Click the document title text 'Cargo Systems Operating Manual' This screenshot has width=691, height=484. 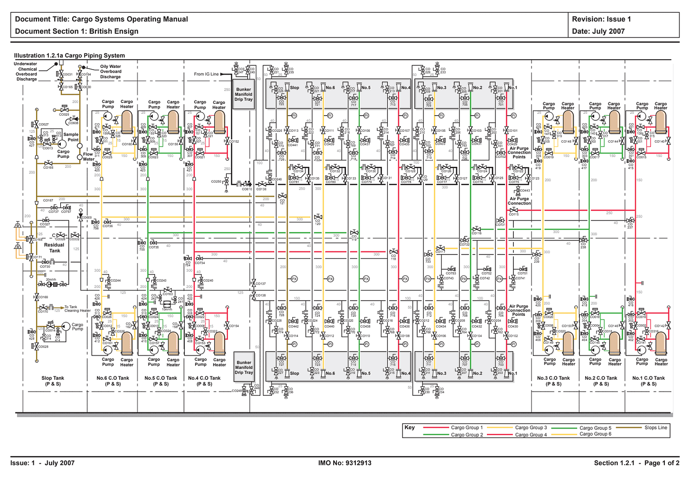point(130,19)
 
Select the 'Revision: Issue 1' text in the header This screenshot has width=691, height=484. point(601,19)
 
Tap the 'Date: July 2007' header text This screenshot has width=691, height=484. point(598,31)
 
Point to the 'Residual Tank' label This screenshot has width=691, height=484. point(54,248)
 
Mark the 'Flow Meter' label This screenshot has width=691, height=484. point(88,156)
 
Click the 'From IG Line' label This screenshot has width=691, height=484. point(206,74)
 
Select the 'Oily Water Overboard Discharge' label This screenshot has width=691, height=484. point(111,72)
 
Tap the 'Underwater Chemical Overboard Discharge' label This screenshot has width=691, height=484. point(26,72)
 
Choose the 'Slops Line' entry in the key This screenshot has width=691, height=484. point(655,428)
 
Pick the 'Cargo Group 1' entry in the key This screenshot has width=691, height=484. point(467,428)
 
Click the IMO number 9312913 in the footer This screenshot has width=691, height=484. point(345,463)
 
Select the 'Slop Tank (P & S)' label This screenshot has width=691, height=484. point(53,381)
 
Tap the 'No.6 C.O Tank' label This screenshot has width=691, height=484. point(113,378)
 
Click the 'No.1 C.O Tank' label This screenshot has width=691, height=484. point(648,378)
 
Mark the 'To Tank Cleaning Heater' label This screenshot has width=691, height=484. point(77,309)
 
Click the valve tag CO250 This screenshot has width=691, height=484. point(216,182)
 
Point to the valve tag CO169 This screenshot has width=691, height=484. point(43,297)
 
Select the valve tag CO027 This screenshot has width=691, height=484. point(44,124)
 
